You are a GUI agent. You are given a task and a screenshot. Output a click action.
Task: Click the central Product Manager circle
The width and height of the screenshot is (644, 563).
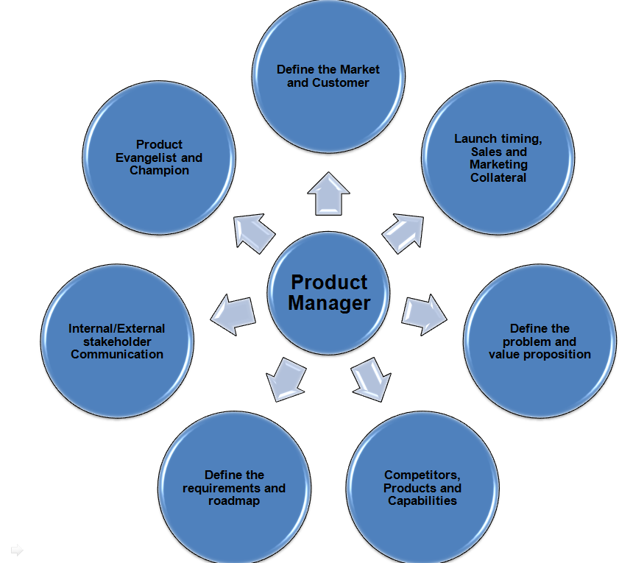328,292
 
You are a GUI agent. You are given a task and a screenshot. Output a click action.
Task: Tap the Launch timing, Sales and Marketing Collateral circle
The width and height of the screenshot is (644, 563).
499,158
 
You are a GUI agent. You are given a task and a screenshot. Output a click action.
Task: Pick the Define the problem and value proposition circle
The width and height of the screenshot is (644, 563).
539,341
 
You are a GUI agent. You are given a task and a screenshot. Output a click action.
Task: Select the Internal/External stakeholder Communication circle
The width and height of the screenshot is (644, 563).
117,341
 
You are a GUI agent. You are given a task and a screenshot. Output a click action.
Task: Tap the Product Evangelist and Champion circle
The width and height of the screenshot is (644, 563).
159,158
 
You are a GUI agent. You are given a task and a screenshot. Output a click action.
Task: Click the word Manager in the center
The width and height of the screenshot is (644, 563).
329,302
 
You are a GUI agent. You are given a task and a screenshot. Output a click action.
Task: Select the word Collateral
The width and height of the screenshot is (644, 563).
499,177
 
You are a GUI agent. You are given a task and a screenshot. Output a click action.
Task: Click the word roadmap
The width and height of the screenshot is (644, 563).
234,501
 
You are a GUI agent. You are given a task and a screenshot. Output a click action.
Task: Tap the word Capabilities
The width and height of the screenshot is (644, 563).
422,501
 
